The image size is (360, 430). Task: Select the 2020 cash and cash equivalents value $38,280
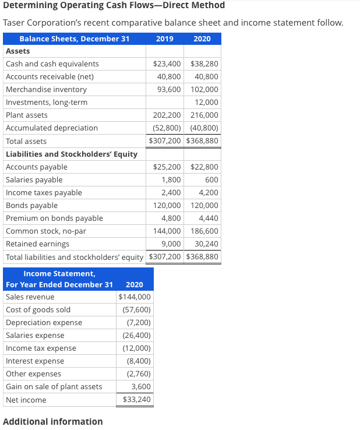click(x=204, y=64)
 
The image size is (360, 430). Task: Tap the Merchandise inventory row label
click(x=46, y=90)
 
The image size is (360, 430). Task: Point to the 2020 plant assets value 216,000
click(x=204, y=115)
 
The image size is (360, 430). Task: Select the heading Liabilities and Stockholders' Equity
click(x=71, y=154)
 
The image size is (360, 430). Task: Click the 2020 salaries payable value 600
click(x=211, y=180)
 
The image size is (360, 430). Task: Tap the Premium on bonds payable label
click(x=54, y=218)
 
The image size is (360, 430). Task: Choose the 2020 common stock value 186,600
click(x=204, y=231)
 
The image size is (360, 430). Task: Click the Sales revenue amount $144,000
click(x=135, y=297)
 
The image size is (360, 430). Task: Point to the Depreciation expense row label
click(x=44, y=323)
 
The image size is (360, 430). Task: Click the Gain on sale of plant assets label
click(x=54, y=387)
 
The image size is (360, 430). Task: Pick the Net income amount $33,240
click(x=137, y=400)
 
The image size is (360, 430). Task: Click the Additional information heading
click(x=53, y=421)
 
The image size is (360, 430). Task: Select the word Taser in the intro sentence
click(x=15, y=23)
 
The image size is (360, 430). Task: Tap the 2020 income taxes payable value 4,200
click(x=209, y=193)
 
